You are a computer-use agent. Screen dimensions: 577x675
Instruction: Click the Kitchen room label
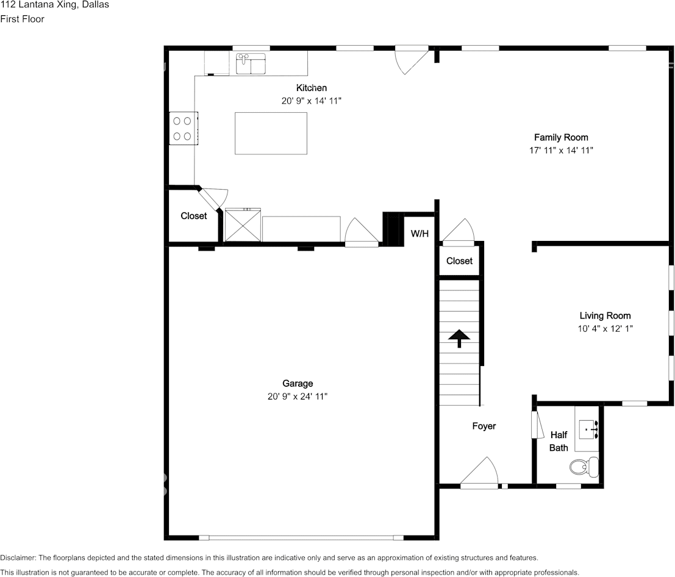click(311, 88)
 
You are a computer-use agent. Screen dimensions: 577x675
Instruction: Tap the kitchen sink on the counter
click(251, 63)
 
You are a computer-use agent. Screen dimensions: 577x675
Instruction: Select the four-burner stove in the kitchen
click(183, 129)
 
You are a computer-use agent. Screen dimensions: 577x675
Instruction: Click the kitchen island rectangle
click(271, 133)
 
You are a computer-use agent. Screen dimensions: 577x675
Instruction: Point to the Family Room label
click(561, 137)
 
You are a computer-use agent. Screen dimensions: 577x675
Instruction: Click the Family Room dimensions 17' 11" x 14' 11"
click(561, 150)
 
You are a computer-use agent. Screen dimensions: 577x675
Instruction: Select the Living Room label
click(604, 315)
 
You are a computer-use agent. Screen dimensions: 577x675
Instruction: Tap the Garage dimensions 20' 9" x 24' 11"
click(298, 396)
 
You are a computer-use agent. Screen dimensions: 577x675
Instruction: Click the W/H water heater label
click(419, 234)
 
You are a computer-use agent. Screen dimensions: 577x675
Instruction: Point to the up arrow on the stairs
click(459, 338)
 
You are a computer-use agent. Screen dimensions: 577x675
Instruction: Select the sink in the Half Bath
click(589, 430)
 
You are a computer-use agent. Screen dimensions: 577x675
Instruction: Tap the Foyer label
click(484, 426)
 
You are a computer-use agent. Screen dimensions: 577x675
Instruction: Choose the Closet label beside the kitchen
click(193, 216)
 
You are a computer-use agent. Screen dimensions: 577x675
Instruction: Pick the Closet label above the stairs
click(459, 260)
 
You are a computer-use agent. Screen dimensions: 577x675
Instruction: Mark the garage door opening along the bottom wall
click(301, 537)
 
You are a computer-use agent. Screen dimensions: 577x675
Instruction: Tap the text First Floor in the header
click(22, 19)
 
